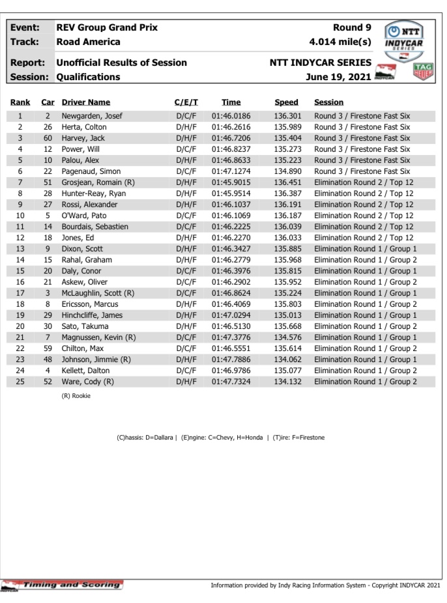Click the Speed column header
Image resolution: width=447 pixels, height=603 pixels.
click(286, 102)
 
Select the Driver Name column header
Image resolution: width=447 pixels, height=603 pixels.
click(86, 102)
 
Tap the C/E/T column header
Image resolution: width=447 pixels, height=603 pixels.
click(186, 102)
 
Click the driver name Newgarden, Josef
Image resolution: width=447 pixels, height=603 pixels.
click(92, 116)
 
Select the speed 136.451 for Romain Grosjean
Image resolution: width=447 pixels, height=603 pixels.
click(288, 182)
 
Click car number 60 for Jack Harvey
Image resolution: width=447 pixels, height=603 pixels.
click(48, 138)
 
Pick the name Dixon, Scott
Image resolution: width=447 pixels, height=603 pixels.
click(82, 249)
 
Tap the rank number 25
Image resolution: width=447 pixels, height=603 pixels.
click(20, 382)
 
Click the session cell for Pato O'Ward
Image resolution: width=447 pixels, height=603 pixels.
click(364, 216)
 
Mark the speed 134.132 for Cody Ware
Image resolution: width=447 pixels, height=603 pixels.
click(288, 382)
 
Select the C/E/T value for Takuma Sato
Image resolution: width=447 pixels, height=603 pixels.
click(187, 326)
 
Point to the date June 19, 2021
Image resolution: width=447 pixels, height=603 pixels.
click(338, 77)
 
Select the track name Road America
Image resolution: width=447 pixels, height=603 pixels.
click(89, 42)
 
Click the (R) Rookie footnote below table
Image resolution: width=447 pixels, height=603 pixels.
click(76, 396)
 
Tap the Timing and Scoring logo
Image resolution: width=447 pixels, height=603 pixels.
click(63, 585)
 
